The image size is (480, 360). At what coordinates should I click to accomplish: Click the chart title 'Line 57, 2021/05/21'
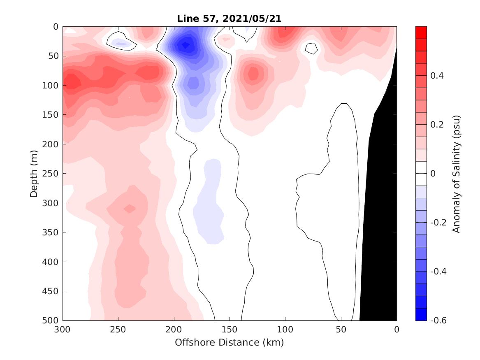tap(230, 19)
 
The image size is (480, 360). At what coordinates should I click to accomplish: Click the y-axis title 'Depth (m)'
tap(34, 173)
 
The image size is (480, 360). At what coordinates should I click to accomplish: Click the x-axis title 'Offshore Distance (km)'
tap(230, 342)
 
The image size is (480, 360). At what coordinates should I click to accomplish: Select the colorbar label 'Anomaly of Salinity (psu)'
tap(456, 174)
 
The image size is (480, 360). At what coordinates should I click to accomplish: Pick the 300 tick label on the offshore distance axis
tap(63, 330)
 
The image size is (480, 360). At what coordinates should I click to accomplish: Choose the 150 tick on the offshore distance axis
tap(230, 330)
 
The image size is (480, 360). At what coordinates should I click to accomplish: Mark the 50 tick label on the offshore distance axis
tap(341, 330)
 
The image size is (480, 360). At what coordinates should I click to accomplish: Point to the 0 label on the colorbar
tap(433, 174)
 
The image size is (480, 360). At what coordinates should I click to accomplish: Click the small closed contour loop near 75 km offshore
tap(311, 49)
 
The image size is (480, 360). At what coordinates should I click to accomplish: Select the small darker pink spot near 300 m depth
tap(130, 209)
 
